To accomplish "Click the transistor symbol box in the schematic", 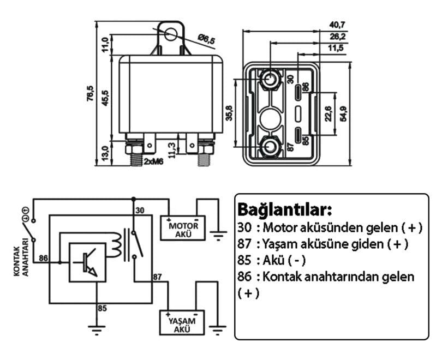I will [87, 262].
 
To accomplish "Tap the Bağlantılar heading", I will [284, 209].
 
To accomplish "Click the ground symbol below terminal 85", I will [96, 329].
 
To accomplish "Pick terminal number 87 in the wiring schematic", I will [158, 277].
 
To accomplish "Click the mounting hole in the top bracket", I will [171, 35].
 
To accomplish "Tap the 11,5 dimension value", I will [337, 49].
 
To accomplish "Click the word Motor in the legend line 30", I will [283, 226].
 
